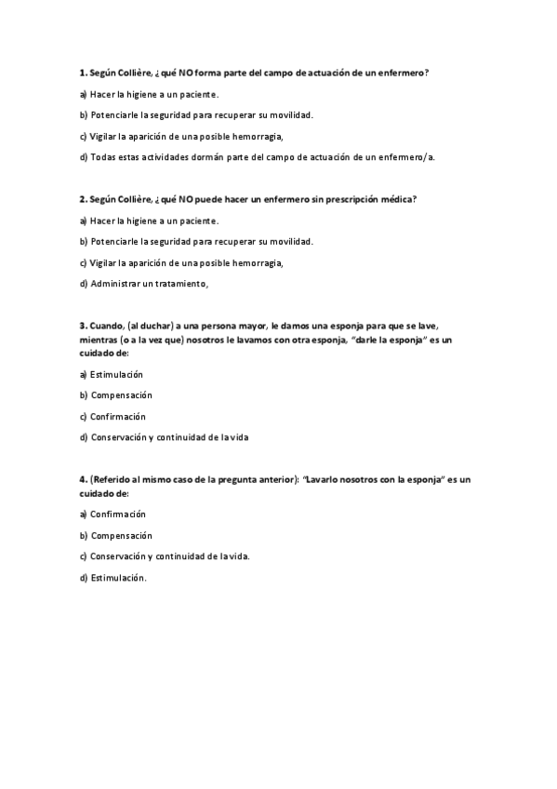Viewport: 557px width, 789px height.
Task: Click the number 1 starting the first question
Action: (82, 73)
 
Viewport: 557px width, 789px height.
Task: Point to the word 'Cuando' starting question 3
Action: (106, 326)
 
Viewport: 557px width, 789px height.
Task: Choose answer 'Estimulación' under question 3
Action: (116, 374)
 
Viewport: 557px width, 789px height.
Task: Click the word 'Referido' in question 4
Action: (113, 479)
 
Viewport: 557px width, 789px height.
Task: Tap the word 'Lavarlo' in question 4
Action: (323, 479)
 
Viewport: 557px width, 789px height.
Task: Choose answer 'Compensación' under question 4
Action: (121, 536)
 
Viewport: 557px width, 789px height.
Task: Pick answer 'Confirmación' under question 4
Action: (118, 515)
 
